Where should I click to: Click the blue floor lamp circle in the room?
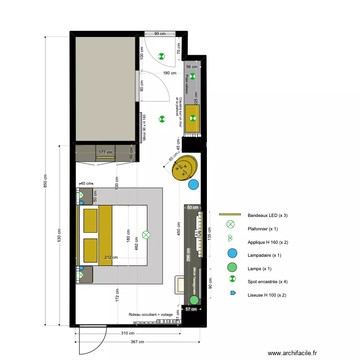(x=193, y=184)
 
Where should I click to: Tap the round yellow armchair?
(x=184, y=167)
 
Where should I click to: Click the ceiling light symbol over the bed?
(x=146, y=235)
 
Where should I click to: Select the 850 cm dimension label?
(x=45, y=181)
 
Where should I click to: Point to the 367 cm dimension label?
(x=137, y=342)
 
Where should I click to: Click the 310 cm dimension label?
(x=128, y=333)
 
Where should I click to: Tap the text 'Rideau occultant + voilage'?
(x=150, y=315)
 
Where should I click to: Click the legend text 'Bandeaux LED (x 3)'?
(x=267, y=216)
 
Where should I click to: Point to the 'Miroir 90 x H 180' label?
(x=144, y=129)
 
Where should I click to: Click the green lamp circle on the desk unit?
(x=194, y=300)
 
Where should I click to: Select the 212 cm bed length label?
(x=111, y=257)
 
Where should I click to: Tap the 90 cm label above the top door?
(x=159, y=34)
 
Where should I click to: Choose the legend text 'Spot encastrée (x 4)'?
(x=267, y=281)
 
